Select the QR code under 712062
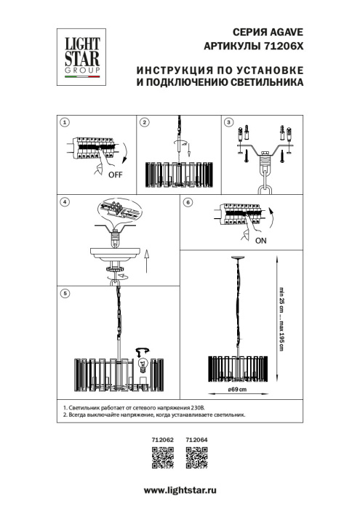coord(161,456)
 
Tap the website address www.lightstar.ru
coord(180,492)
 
